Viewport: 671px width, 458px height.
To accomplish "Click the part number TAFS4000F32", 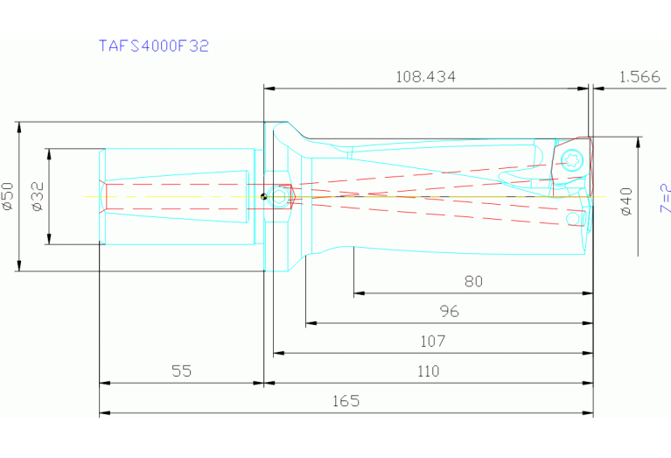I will tap(153, 46).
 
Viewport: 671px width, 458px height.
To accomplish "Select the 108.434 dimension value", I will tap(425, 77).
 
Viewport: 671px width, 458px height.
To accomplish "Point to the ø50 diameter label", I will tap(8, 196).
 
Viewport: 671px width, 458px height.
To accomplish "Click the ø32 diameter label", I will tap(38, 196).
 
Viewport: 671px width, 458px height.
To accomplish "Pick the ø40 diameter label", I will tap(626, 200).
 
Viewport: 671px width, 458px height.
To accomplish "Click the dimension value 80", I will tap(473, 282).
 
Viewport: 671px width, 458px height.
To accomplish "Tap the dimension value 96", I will tap(449, 312).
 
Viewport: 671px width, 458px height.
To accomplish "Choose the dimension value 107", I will tap(432, 341).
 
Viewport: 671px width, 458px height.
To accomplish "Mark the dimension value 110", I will tap(427, 371).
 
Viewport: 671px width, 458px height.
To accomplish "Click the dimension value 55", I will tap(181, 371).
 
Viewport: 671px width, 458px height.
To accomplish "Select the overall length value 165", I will tap(346, 401).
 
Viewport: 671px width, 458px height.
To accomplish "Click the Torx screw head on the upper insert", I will tap(573, 159).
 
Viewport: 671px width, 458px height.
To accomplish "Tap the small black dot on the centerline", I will tap(262, 196).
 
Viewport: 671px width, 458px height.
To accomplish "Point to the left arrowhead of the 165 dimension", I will tap(104, 412).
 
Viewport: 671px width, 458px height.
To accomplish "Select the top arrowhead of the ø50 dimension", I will tap(19, 126).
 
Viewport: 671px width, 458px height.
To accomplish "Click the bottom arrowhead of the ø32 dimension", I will tap(50, 240).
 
